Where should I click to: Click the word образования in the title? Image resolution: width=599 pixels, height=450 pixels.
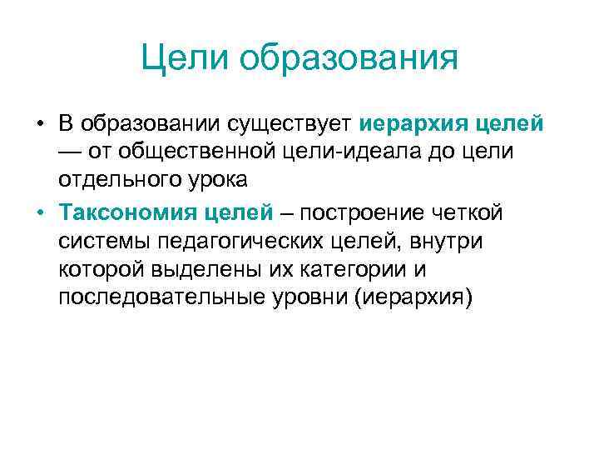(347, 58)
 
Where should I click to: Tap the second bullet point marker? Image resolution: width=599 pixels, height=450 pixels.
(39, 212)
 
